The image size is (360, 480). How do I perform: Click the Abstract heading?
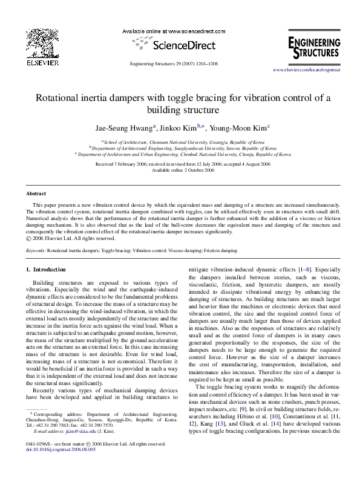pos(36,194)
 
